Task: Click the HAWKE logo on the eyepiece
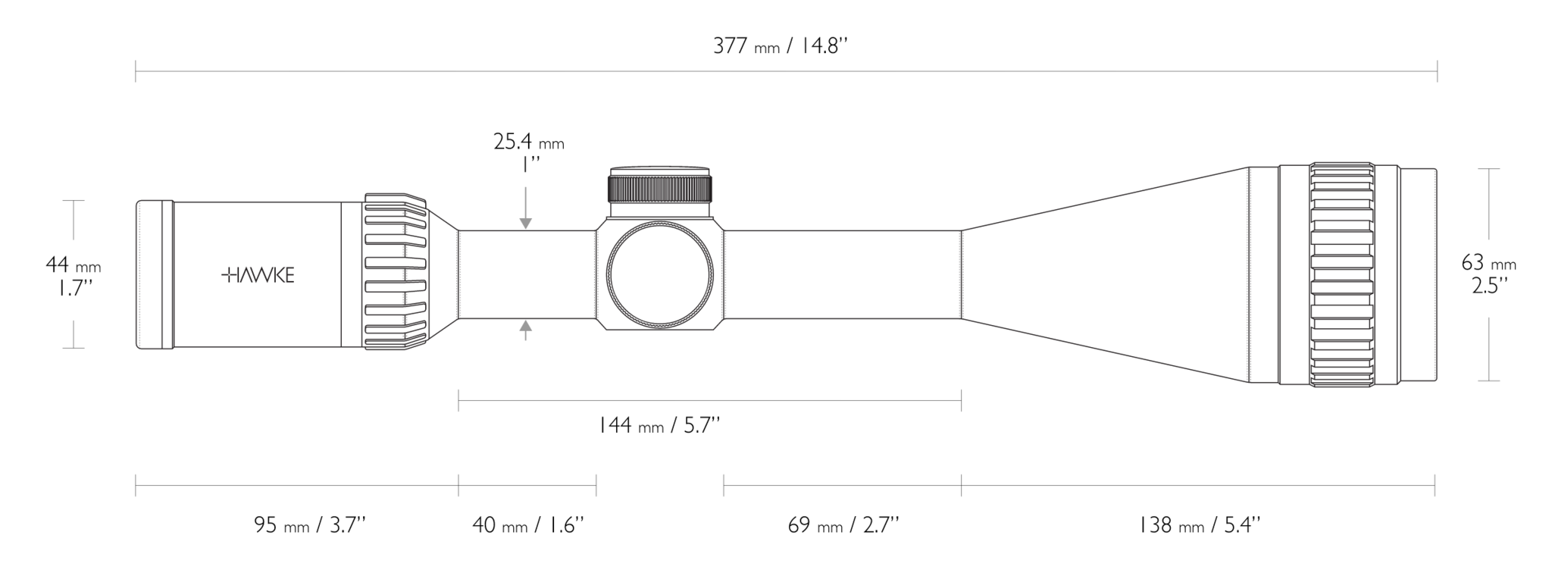[x=258, y=275]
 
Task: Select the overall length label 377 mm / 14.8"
[x=780, y=46]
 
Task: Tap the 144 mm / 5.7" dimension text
[x=659, y=425]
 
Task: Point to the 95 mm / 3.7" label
[x=310, y=525]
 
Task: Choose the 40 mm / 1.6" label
[x=528, y=525]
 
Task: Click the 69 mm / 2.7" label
[x=843, y=525]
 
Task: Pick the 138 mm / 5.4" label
[x=1200, y=525]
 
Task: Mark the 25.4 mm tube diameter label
[x=529, y=142]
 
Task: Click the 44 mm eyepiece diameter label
[x=74, y=265]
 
